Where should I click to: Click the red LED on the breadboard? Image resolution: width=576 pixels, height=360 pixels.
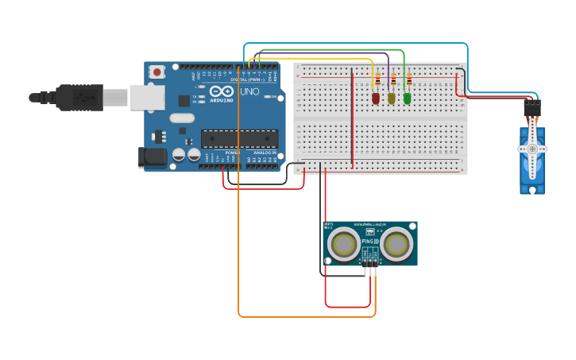(x=376, y=98)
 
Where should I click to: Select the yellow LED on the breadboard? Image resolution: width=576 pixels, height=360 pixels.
(x=392, y=98)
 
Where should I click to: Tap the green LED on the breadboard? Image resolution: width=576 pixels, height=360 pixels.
(x=408, y=98)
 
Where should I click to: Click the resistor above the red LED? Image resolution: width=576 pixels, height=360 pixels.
(x=377, y=79)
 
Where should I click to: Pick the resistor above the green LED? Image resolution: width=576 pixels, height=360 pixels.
(x=409, y=79)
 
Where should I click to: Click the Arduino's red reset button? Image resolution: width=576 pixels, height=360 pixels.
(x=157, y=72)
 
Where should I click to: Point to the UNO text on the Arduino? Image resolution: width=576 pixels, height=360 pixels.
(x=249, y=91)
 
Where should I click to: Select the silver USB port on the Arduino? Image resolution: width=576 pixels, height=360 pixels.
(x=148, y=97)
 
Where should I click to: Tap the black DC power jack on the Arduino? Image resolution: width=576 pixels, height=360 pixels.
(x=153, y=157)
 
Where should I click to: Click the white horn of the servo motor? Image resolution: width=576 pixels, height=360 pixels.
(x=532, y=149)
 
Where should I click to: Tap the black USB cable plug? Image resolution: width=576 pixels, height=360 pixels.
(x=79, y=97)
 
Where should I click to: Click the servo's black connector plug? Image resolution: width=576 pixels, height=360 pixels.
(x=532, y=106)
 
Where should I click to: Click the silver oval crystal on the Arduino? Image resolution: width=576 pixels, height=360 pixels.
(x=182, y=118)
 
